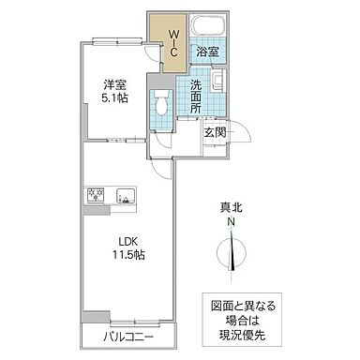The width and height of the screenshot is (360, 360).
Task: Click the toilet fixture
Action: coord(162,104)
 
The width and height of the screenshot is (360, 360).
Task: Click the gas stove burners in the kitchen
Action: coord(96,196)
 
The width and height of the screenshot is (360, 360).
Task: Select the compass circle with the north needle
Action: coord(231,253)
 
